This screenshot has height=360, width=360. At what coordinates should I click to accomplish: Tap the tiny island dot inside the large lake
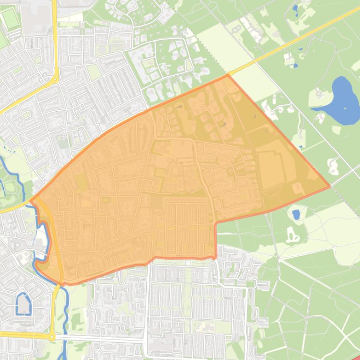point(345,108)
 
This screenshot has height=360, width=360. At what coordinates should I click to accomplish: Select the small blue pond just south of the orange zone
point(295,215)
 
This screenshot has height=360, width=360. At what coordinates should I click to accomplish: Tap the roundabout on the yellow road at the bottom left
point(52,337)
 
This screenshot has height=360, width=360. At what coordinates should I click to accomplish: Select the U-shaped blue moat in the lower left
point(23,304)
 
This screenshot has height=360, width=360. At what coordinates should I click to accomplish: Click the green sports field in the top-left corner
point(9,19)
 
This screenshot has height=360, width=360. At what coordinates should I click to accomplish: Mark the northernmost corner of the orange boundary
point(228,74)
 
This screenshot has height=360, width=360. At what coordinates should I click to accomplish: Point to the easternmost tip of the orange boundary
point(330,186)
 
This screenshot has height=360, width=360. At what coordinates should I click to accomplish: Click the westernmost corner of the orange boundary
point(30,202)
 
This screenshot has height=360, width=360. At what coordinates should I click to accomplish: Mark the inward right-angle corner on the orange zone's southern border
point(216,223)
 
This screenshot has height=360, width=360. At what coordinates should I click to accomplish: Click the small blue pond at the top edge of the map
point(295,8)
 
